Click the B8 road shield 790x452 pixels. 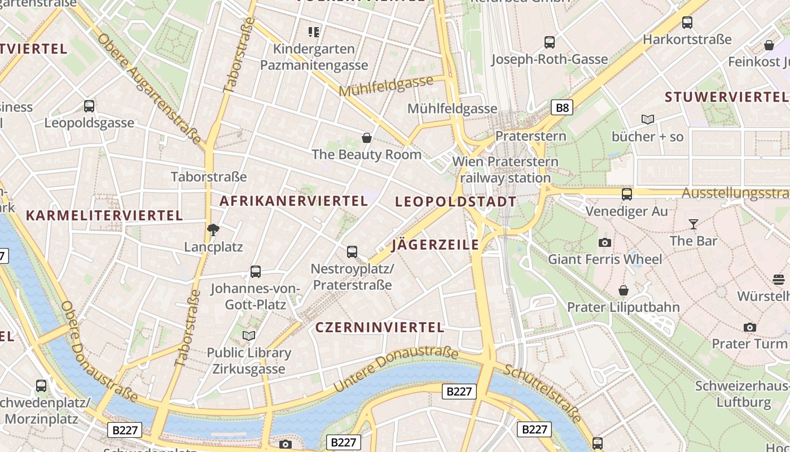[x=562, y=107]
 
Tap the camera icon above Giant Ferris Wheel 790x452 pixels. [x=605, y=242]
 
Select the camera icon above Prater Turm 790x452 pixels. [x=749, y=327]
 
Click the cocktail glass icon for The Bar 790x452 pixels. [x=694, y=224]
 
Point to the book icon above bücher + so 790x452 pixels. [x=648, y=119]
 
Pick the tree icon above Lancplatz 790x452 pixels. [x=213, y=229]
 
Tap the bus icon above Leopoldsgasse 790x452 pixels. [x=89, y=106]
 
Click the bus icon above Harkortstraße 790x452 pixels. [x=687, y=23]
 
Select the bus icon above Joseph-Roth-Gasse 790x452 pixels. [x=549, y=42]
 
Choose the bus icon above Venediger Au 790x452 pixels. [x=626, y=194]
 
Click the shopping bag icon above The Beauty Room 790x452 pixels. [x=367, y=137]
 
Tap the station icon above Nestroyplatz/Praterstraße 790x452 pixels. [x=352, y=251]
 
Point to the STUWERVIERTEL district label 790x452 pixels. [x=727, y=97]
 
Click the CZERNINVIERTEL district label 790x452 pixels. [x=380, y=327]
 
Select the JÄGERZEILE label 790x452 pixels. [x=435, y=245]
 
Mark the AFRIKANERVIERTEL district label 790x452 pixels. [x=293, y=201]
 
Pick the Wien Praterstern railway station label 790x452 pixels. [x=505, y=169]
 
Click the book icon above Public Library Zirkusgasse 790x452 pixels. [x=249, y=336]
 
